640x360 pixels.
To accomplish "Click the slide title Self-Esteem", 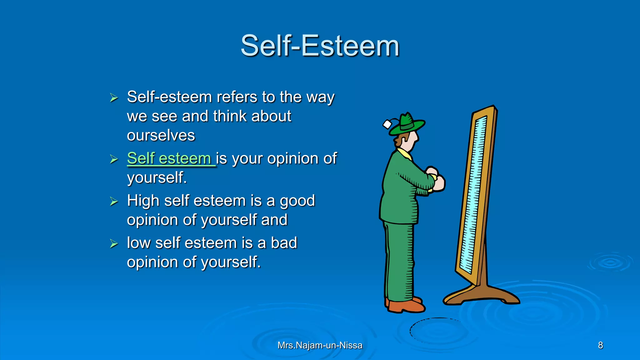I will coord(320,46).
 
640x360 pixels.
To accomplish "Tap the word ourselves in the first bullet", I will coord(161,136).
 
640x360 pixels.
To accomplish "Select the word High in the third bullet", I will coord(143,201).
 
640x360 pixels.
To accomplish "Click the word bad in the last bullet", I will coord(284,243).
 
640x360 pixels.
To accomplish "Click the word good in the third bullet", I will coord(297,201).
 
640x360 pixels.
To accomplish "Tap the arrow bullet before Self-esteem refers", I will coord(114,98).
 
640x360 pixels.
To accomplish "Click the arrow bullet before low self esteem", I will coord(114,243).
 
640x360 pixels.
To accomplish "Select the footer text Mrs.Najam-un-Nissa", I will coord(320,345).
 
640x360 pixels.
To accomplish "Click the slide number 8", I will coord(600,345).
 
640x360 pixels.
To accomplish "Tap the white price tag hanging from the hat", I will coord(387,124).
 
